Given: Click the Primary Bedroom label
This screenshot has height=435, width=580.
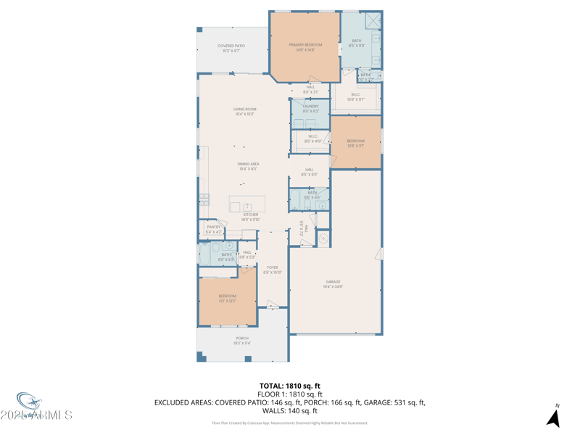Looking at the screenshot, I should [305, 47].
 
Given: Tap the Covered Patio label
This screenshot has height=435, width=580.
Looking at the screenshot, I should [231, 48].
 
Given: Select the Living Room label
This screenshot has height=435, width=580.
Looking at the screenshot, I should [244, 111].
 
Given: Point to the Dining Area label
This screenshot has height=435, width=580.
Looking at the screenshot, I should [248, 166].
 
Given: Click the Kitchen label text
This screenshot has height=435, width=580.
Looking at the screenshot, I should [250, 216].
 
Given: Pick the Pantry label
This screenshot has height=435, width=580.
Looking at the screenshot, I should [213, 229].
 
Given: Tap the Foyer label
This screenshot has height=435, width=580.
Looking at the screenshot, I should [272, 270].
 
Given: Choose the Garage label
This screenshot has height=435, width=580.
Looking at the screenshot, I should [333, 283].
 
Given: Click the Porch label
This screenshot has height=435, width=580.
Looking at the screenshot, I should [242, 340].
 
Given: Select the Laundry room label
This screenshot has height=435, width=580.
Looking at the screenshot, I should [310, 108].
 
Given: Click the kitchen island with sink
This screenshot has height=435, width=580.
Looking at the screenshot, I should [247, 204].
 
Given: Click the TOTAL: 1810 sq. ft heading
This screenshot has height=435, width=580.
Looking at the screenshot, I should [289, 386].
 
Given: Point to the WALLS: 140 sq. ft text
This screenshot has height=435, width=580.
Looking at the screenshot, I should [289, 411].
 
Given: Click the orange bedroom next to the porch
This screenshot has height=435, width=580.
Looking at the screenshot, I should [227, 298].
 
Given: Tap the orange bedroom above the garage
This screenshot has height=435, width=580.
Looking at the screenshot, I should [355, 143].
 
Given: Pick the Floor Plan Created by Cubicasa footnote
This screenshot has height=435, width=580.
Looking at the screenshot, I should [289, 423].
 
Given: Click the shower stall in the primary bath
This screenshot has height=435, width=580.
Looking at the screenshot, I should [372, 21].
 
